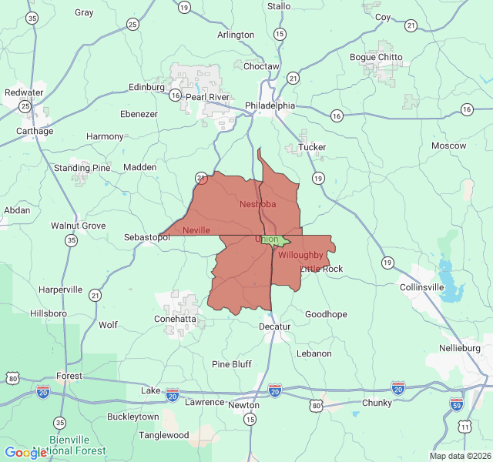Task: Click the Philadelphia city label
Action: [x=270, y=105]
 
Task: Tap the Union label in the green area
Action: [x=267, y=239]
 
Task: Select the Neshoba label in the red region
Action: [x=257, y=204]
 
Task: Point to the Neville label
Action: [x=196, y=230]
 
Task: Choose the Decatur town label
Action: [x=275, y=326]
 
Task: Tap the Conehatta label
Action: [x=176, y=319]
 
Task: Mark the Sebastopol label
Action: [x=146, y=238]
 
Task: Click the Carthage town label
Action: [x=35, y=131]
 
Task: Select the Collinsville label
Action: [x=422, y=287]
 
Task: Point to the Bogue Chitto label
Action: [x=375, y=57]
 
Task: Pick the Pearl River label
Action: [x=208, y=98]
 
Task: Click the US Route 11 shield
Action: [x=464, y=426]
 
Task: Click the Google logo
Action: [x=25, y=453]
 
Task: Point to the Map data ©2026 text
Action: [x=459, y=456]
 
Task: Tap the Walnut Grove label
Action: [x=78, y=226]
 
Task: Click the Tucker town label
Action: [x=312, y=147]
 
